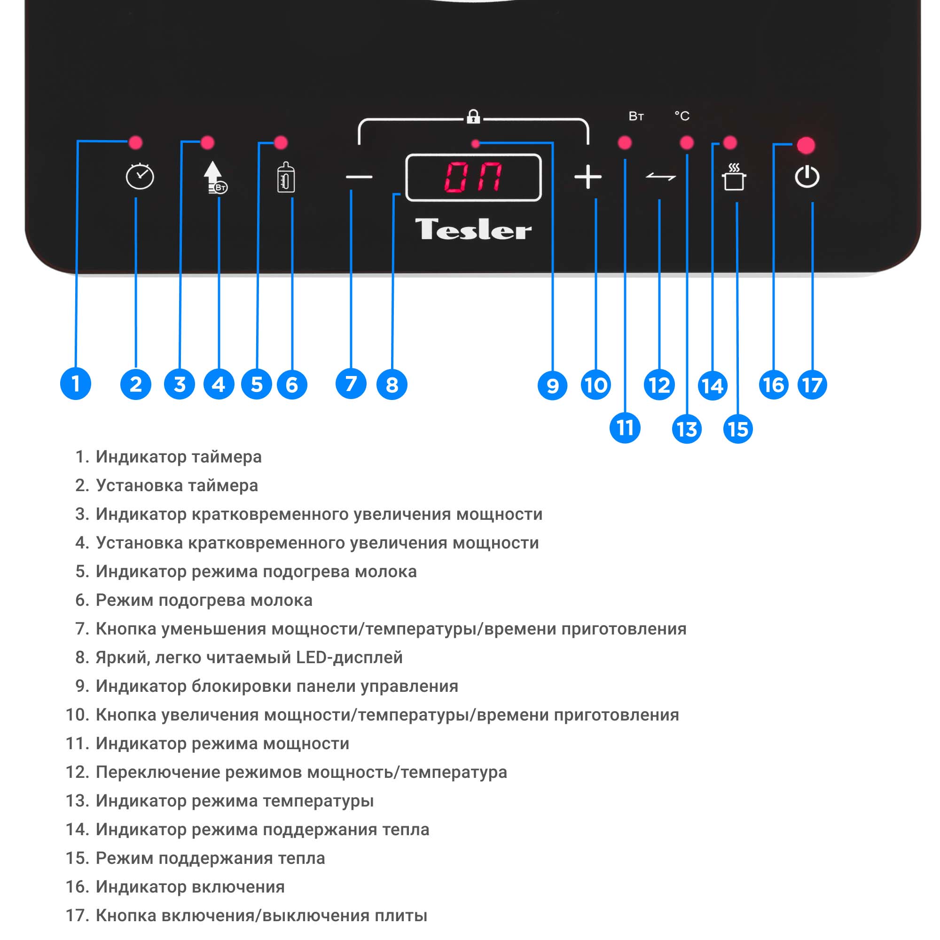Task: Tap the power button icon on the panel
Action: tap(807, 177)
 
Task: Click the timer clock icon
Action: tap(140, 176)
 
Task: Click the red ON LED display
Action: tap(473, 177)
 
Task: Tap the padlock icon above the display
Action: tap(473, 117)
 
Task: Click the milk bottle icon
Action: tap(286, 178)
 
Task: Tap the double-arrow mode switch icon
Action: tap(660, 177)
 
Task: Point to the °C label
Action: tap(681, 116)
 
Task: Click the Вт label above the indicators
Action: tap(636, 116)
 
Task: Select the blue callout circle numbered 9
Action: tap(552, 385)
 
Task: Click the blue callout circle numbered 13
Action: tap(687, 429)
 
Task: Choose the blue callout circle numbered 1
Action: tap(75, 384)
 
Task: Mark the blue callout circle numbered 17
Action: tap(812, 385)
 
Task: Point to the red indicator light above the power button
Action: tap(806, 145)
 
